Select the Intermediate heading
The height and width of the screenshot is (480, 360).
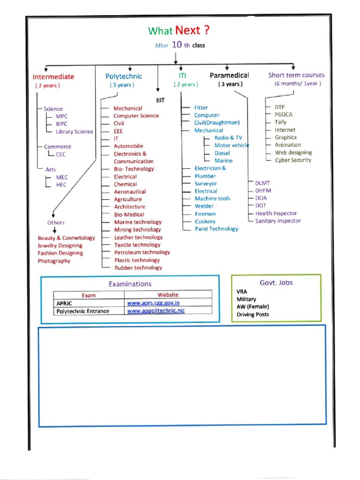(53, 77)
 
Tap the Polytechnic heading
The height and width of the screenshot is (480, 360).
(124, 76)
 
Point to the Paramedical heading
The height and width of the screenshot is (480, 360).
(229, 75)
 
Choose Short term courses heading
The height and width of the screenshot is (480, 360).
(296, 75)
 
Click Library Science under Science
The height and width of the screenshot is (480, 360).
(75, 132)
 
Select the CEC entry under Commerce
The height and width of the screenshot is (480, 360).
(61, 154)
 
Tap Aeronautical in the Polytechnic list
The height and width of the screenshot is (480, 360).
(130, 192)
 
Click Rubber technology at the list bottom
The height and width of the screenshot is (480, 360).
(138, 268)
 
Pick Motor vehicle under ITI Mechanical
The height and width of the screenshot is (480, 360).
(232, 145)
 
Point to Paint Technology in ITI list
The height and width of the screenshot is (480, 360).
(217, 229)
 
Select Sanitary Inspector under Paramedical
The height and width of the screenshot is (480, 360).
(278, 221)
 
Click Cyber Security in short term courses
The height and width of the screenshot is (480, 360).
(293, 160)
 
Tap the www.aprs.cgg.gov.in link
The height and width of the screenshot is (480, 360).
(153, 303)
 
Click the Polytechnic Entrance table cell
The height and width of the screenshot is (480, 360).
(83, 311)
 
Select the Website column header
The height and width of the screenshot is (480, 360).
(168, 295)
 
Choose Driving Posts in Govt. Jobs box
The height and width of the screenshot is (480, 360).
(253, 315)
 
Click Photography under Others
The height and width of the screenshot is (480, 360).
(54, 261)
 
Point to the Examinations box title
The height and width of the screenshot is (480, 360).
(130, 284)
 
